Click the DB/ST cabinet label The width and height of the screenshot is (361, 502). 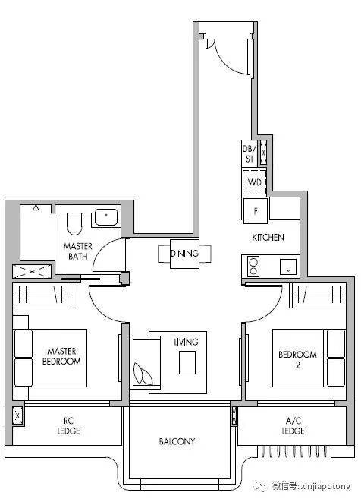pos(250,153)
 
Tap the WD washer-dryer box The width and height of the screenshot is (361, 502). pos(254,182)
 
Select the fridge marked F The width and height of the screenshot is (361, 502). pos(255,211)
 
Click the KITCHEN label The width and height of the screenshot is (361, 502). pos(268,237)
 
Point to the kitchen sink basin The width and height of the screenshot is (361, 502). pos(288,267)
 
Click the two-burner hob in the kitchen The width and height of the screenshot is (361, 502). pos(253,267)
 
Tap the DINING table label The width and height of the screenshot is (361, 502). pos(184,254)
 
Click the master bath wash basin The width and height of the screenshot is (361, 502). pos(106,216)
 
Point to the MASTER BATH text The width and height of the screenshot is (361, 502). pos(78,251)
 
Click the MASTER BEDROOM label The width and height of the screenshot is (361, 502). pos(61,356)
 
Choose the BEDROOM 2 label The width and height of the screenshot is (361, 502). pos(298,359)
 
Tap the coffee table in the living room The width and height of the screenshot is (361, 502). pos(187,362)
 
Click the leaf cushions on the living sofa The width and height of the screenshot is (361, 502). pos(143,374)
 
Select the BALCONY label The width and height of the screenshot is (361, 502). pos(177,441)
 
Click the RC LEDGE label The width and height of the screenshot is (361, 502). pos(68,426)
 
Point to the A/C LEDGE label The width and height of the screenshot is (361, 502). pos(293,426)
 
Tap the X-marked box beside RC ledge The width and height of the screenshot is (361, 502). pos(17,415)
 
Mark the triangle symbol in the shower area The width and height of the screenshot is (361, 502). pos(36,208)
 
